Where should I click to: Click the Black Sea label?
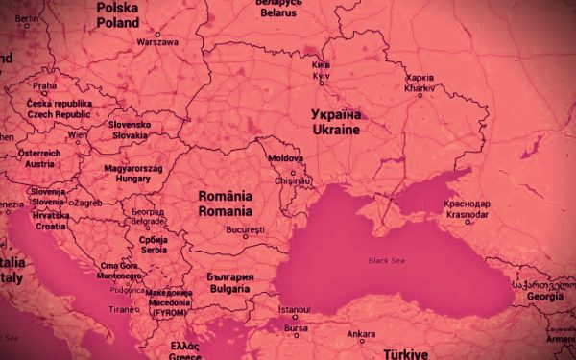point(386,260)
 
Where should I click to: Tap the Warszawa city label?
point(157,42)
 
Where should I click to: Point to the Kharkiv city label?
point(420,87)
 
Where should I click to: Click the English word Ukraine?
point(335,129)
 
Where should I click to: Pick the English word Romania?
point(226,209)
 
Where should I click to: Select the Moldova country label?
point(285,157)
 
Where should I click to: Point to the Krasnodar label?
point(468,214)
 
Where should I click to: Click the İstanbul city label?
point(293,310)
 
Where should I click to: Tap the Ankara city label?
point(361,334)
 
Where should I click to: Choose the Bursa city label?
point(298,327)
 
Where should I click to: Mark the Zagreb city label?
point(88,203)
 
